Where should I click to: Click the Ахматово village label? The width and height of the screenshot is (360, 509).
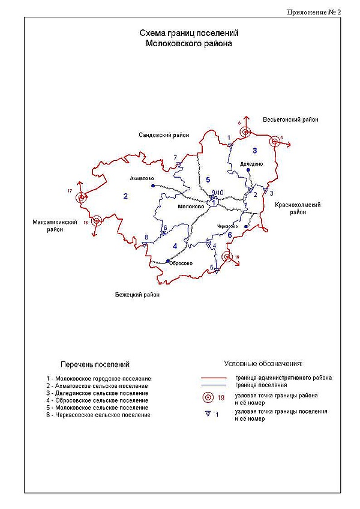[142, 178]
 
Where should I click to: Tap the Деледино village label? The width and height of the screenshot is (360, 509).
[251, 163]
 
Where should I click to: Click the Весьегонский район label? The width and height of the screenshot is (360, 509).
[290, 120]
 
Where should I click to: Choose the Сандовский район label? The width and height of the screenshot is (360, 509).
[163, 136]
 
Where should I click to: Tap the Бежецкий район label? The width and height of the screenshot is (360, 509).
[137, 295]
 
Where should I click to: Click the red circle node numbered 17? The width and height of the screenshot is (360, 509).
[83, 196]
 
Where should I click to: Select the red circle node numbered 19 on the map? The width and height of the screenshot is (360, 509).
[227, 257]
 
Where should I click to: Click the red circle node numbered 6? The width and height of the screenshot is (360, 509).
[244, 132]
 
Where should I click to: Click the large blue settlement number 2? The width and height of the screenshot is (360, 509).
[125, 196]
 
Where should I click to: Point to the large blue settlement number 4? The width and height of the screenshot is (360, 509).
[175, 245]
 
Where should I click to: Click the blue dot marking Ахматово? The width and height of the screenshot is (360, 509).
[153, 186]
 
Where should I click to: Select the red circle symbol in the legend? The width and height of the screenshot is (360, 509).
[208, 397]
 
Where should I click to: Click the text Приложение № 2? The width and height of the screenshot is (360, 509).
[314, 11]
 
